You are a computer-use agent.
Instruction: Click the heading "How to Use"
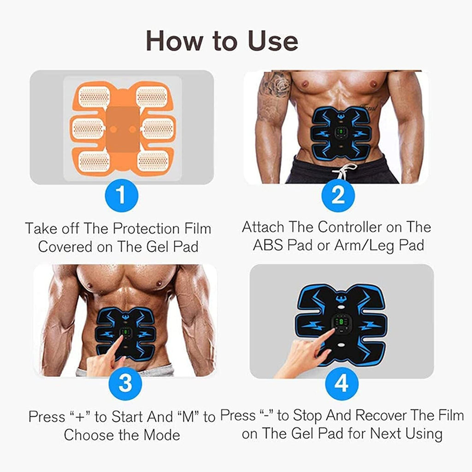tap(222, 41)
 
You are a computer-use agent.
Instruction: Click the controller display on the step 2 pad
tap(339, 134)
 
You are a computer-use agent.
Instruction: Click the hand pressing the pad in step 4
tap(304, 353)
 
